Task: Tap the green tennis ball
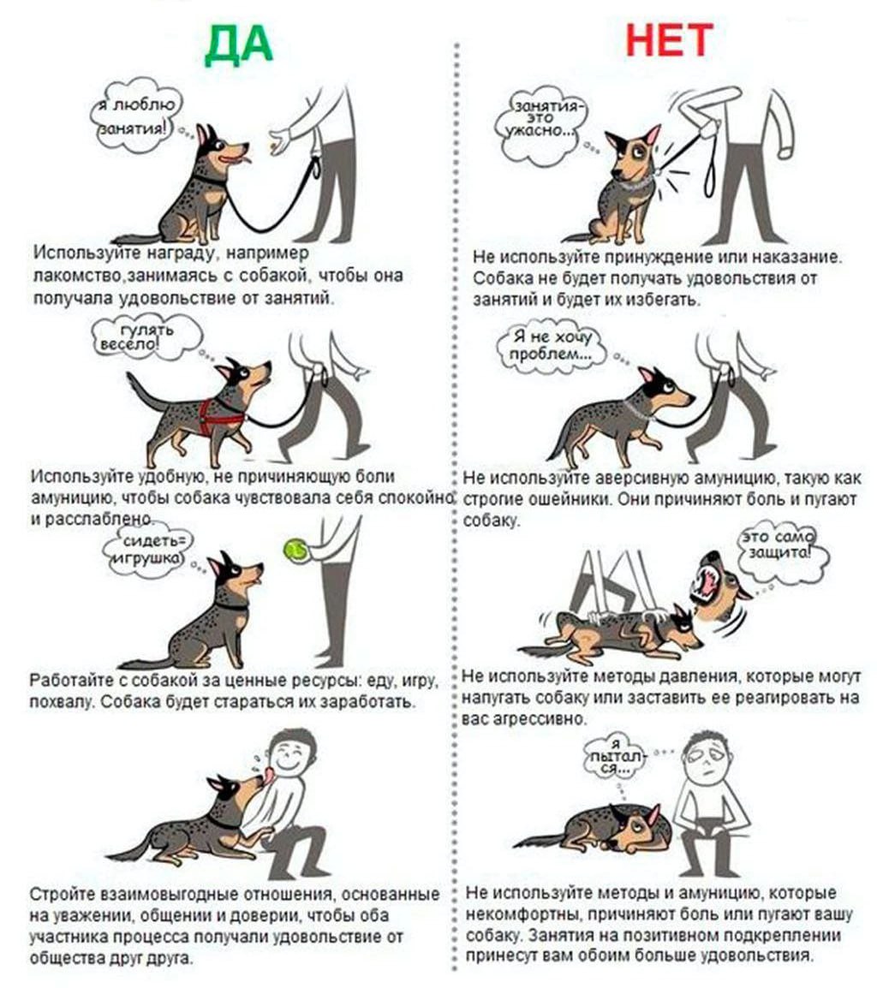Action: [295, 550]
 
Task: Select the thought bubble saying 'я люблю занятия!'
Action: [136, 116]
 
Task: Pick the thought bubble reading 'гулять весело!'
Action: [146, 337]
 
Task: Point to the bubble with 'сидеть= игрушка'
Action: [149, 550]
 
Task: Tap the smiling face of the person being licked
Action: [291, 755]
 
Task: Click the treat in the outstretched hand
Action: [272, 147]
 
